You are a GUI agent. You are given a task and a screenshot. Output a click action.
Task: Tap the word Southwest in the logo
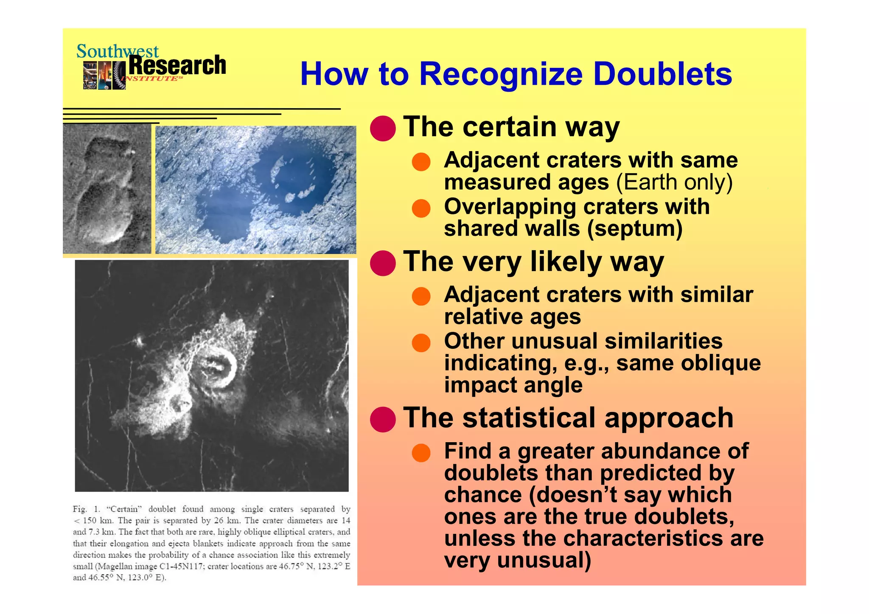tap(117, 51)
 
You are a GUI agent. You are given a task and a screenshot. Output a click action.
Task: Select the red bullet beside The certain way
tap(383, 128)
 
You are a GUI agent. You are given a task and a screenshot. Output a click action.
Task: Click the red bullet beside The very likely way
tap(383, 263)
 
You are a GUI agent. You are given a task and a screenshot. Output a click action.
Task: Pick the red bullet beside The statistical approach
tap(383, 419)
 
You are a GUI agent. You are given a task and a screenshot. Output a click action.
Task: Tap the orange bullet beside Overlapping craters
tap(421, 208)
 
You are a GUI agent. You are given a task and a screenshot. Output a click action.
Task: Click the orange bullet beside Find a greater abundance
tap(421, 452)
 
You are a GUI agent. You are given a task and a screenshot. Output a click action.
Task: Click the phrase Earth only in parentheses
tap(674, 183)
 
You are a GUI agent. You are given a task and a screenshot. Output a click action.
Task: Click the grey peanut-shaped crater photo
tap(107, 189)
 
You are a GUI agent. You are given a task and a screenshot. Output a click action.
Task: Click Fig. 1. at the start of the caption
tap(87, 509)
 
